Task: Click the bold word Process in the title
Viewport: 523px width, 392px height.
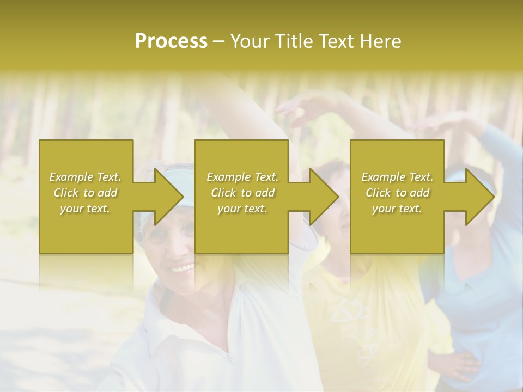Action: pyautogui.click(x=171, y=41)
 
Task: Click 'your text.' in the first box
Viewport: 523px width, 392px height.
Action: pyautogui.click(x=85, y=209)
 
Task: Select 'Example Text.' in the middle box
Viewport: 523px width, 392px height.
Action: pyautogui.click(x=242, y=177)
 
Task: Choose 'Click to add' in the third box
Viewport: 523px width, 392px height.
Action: pyautogui.click(x=398, y=193)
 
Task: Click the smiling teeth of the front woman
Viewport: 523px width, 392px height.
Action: pyautogui.click(x=184, y=268)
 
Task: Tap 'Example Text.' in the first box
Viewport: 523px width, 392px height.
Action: pyautogui.click(x=85, y=177)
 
